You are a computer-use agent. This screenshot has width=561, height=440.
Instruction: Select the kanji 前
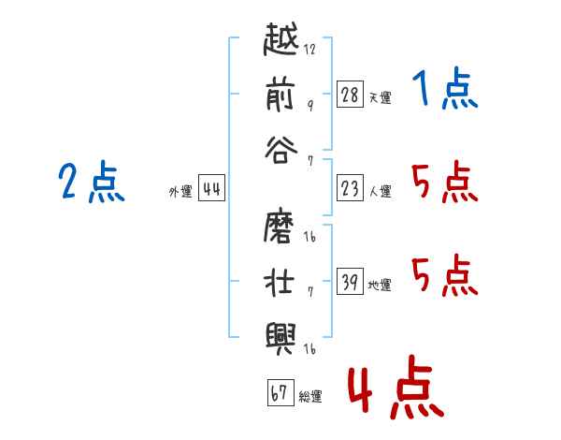click(x=283, y=96)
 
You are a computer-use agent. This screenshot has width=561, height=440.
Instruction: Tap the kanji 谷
click(x=283, y=150)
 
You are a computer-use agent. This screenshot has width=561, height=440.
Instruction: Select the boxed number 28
click(x=350, y=95)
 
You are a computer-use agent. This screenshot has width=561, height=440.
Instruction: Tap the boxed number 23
click(x=350, y=188)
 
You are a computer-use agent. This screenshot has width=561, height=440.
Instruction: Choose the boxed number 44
click(x=212, y=189)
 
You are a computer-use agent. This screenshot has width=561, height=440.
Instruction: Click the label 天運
click(x=380, y=97)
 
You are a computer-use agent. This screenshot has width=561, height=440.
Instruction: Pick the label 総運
click(x=310, y=397)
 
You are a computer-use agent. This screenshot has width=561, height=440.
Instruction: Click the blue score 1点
click(x=444, y=90)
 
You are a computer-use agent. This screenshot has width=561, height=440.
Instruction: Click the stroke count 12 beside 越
click(x=310, y=50)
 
